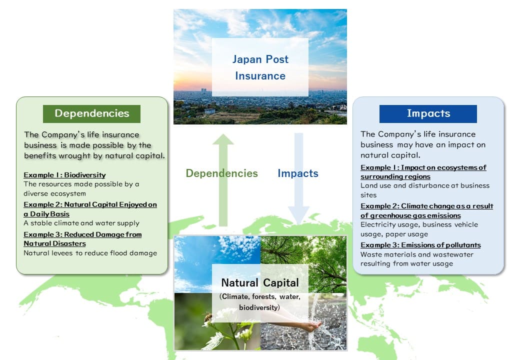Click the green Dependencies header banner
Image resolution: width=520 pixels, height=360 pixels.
[91, 113]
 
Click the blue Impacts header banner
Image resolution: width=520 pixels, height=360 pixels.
[428, 113]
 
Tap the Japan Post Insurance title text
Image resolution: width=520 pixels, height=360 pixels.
[260, 67]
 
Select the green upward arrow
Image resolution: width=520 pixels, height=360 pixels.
[223, 180]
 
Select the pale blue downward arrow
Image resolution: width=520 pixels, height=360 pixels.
[299, 179]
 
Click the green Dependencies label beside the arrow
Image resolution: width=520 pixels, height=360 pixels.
[221, 173]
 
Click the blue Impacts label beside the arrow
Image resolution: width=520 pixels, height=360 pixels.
[298, 173]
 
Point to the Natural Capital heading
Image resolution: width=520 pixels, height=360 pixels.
[260, 283]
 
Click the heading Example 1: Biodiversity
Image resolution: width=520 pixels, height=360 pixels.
[64, 175]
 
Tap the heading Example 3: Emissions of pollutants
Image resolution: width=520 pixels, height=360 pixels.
[420, 245]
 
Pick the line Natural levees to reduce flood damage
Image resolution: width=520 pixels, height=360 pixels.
[90, 253]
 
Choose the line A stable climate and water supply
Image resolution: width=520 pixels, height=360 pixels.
[81, 223]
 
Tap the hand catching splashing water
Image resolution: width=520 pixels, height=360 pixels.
[310, 326]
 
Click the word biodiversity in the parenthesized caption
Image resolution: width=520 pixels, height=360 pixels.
[258, 307]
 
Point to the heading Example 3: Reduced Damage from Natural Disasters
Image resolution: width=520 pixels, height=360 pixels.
[82, 239]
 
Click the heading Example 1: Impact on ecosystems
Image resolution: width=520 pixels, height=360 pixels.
[423, 172]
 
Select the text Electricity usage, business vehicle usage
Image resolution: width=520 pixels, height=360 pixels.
[419, 229]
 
